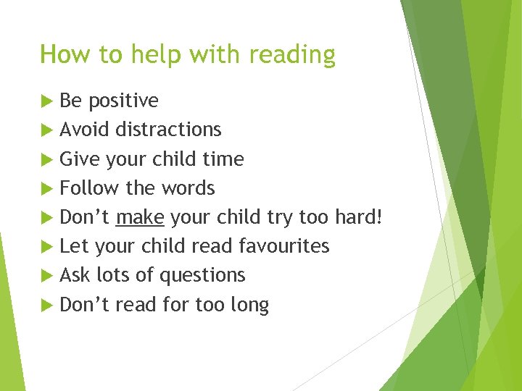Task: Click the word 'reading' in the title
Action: point(293,55)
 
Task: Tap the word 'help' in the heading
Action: point(160,55)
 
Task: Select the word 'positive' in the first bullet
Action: point(123,101)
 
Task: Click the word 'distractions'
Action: point(168,130)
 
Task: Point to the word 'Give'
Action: point(80,159)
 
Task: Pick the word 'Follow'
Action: point(90,188)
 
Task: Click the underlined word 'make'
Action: point(140,217)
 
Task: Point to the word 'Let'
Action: point(75,246)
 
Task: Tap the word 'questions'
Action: point(202,276)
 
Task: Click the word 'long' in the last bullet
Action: point(249,306)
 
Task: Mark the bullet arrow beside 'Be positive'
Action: point(48,101)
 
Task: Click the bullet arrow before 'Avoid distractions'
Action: point(48,130)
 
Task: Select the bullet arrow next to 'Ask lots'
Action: point(48,276)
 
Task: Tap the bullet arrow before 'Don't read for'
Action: point(48,305)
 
